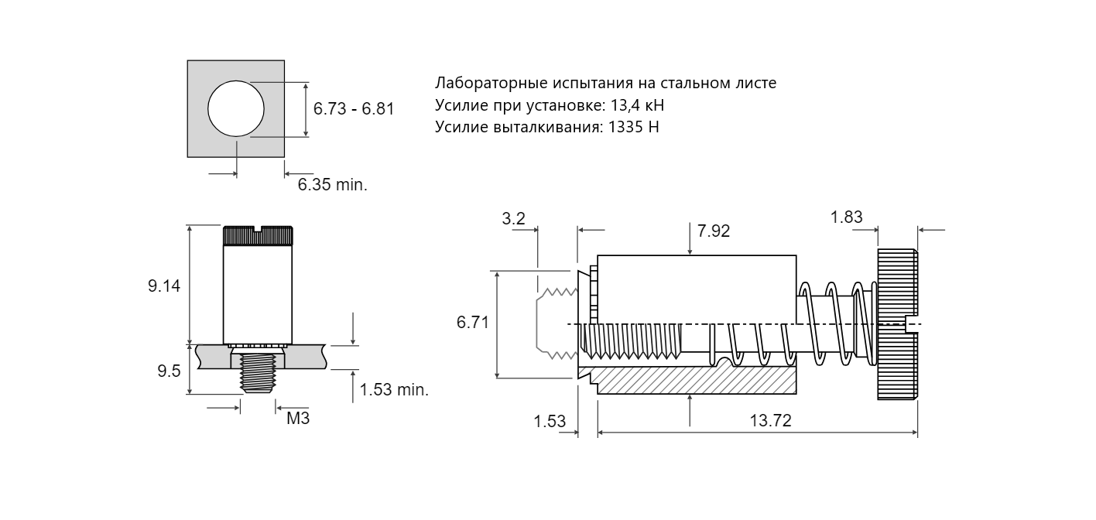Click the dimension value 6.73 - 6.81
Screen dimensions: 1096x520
[x=354, y=108]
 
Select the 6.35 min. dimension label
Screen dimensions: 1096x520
[x=333, y=184]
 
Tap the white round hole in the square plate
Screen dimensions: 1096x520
[x=236, y=108]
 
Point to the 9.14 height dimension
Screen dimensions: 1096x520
[x=164, y=286]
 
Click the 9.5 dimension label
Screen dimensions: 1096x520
[x=169, y=371]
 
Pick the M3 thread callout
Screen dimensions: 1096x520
[x=298, y=419]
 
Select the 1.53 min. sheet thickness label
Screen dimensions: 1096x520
[x=395, y=389]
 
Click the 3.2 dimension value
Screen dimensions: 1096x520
[x=513, y=219]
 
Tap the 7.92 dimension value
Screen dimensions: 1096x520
[x=714, y=231]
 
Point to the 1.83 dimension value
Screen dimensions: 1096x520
[x=847, y=217]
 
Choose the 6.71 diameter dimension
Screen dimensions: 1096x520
[x=473, y=323]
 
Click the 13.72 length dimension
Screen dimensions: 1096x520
[x=771, y=421]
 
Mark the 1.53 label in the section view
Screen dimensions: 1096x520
[x=550, y=421]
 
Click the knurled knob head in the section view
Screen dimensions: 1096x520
[x=897, y=324]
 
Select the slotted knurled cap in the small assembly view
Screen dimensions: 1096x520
[x=258, y=235]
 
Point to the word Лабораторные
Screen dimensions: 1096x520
[x=491, y=83]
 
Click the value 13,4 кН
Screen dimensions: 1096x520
[x=638, y=105]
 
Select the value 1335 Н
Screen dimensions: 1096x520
[x=634, y=127]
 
